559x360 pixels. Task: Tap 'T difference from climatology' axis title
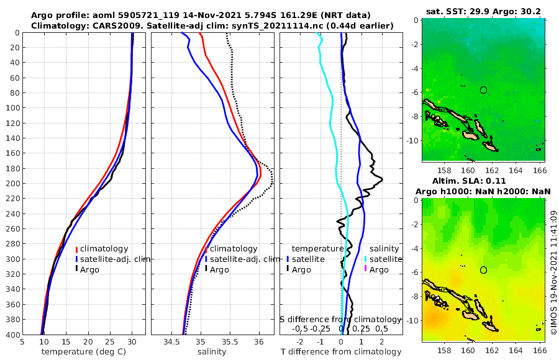click(x=342, y=352)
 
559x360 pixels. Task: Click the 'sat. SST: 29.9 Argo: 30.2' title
click(x=484, y=11)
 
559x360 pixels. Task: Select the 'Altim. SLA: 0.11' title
click(x=484, y=181)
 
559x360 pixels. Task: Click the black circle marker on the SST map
click(x=483, y=90)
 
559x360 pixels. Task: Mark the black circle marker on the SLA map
click(x=483, y=270)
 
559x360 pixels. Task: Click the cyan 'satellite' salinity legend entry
click(x=384, y=259)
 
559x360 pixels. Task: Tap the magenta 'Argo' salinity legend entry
click(x=379, y=269)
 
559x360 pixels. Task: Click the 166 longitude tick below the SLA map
click(x=539, y=350)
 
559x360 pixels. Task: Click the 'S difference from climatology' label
click(x=340, y=319)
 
